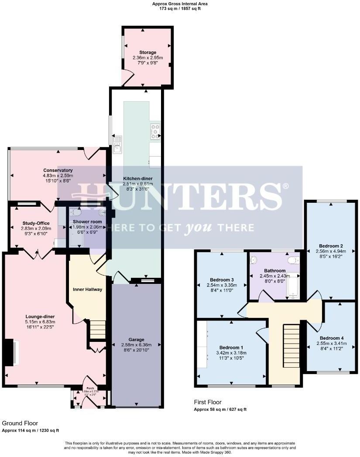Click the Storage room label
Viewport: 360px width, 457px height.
[147, 52]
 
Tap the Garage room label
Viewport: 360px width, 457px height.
[136, 340]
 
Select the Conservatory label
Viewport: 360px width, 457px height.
[58, 170]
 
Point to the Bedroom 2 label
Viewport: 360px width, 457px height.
[330, 245]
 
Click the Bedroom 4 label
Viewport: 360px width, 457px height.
[331, 338]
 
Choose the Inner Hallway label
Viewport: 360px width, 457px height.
[87, 289]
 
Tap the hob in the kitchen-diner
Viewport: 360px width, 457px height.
[155, 131]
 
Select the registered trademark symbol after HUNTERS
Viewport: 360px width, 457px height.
[285, 187]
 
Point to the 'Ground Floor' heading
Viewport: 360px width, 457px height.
[20, 423]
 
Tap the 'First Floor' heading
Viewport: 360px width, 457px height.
[208, 402]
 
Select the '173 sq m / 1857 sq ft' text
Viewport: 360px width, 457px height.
[180, 8]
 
